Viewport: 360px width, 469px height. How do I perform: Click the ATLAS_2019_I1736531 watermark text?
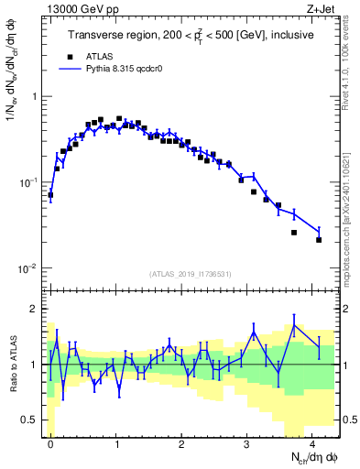[191, 274]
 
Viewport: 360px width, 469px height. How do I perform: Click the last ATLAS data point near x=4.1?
[319, 240]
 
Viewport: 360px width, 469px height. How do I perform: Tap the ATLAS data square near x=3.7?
[294, 233]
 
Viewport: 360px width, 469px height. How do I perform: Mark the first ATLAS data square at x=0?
[50, 194]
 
